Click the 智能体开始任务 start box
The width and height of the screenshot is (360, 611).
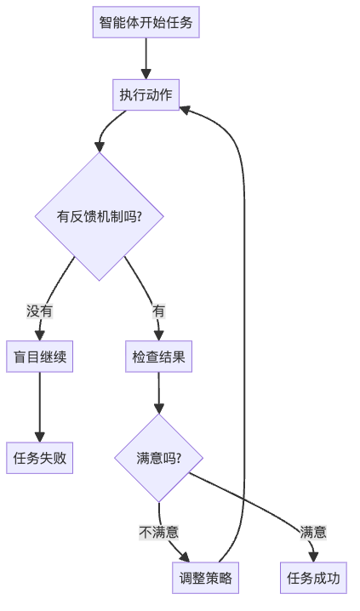point(146,22)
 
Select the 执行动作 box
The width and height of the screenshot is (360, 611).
point(146,94)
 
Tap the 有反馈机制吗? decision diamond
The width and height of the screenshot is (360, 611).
point(100,216)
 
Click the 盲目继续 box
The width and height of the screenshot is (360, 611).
point(39,357)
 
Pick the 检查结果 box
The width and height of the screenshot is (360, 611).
point(158,357)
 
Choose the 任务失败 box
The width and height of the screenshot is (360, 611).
point(39,458)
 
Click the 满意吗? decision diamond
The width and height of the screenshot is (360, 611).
point(158,458)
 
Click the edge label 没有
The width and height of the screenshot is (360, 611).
point(39,311)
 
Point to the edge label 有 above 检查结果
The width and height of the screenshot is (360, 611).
point(158,311)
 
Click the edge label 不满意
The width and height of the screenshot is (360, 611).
point(159,533)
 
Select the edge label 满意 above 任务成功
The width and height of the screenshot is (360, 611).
point(313,533)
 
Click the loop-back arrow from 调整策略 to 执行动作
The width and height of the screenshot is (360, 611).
point(245,340)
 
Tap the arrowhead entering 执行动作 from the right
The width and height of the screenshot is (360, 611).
point(186,109)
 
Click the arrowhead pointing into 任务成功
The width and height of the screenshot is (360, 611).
point(313,557)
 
